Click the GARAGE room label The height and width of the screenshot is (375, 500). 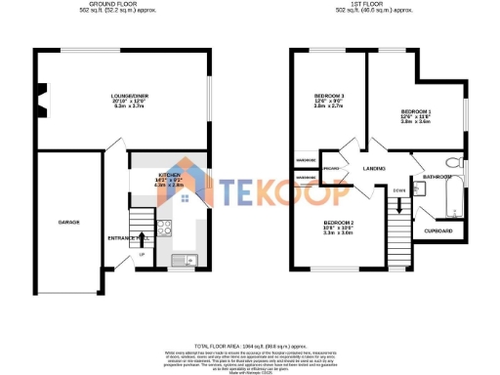(68, 223)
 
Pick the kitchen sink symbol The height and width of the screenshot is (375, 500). (183, 260)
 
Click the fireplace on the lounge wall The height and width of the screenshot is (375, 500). (39, 95)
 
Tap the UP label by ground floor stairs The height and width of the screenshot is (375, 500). (141, 255)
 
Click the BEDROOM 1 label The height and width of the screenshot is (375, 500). (415, 112)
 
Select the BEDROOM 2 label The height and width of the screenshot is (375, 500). (338, 223)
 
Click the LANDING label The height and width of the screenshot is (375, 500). (375, 170)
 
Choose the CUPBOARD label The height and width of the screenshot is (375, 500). (438, 231)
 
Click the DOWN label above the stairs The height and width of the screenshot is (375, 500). (400, 189)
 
